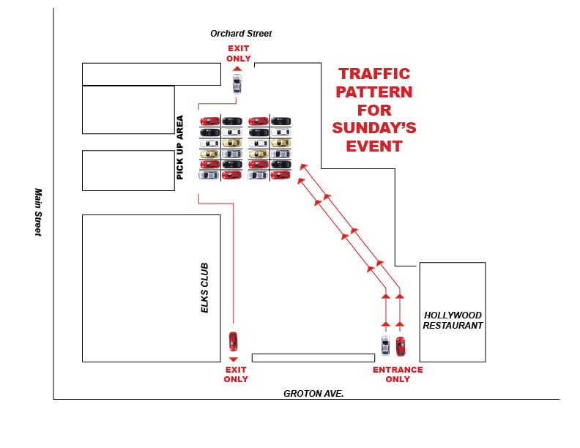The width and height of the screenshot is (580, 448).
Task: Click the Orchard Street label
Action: [x=241, y=34]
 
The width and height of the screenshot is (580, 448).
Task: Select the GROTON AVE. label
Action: [x=313, y=394]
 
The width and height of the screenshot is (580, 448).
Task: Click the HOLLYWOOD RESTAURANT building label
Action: [x=453, y=321]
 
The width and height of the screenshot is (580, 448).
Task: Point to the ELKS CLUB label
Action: [x=205, y=288]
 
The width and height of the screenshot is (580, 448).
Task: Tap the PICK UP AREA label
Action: [x=180, y=147]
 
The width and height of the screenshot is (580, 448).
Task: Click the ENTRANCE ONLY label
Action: [x=398, y=375]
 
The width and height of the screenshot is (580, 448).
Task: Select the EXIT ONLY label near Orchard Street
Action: [x=239, y=53]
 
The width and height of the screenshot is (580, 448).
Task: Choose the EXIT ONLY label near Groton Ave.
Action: [x=236, y=375]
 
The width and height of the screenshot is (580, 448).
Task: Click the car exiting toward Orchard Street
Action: [x=237, y=83]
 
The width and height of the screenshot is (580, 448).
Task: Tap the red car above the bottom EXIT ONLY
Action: [x=233, y=341]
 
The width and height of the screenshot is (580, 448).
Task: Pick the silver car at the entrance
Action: [x=385, y=346]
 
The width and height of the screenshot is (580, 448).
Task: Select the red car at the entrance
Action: [x=401, y=346]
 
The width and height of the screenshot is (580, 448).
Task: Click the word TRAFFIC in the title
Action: [x=373, y=74]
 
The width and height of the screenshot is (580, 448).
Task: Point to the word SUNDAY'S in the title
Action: [x=373, y=128]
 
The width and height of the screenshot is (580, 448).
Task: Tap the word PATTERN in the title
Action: [x=373, y=92]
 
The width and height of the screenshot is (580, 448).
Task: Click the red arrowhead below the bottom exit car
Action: [x=233, y=359]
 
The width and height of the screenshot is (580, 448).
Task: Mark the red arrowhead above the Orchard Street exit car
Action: [x=237, y=68]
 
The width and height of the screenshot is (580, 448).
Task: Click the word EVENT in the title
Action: [x=373, y=146]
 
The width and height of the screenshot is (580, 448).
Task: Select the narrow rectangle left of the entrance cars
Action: [x=313, y=358]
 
